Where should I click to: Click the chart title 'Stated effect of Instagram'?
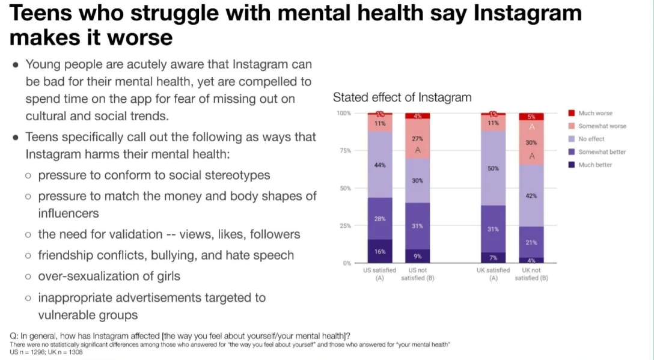point(402,97)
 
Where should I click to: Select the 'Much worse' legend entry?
point(595,113)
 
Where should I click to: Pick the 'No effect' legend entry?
point(591,139)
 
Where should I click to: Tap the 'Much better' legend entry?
point(595,165)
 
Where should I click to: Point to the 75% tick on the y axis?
point(344,151)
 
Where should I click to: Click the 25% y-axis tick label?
point(344,226)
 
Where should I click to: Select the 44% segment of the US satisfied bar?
point(380,165)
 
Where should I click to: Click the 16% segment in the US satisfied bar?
point(380,251)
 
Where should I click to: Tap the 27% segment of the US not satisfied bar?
point(417,139)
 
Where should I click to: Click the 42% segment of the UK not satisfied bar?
point(531,196)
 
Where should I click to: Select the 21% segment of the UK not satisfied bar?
point(531,242)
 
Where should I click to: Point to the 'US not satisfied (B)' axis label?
point(417,274)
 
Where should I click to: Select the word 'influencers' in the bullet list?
point(69,213)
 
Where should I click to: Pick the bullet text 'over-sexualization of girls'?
point(109,276)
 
